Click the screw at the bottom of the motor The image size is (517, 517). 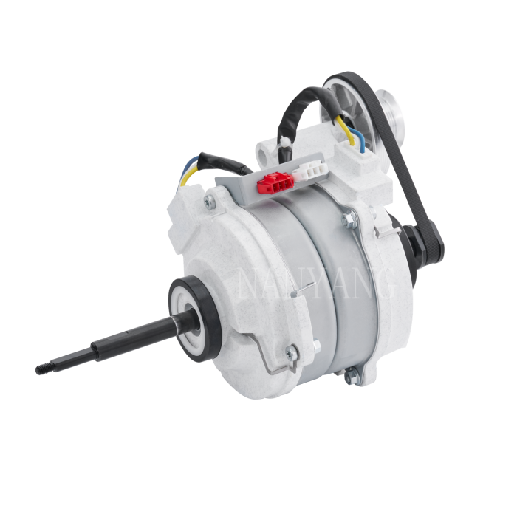coord(346,380)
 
